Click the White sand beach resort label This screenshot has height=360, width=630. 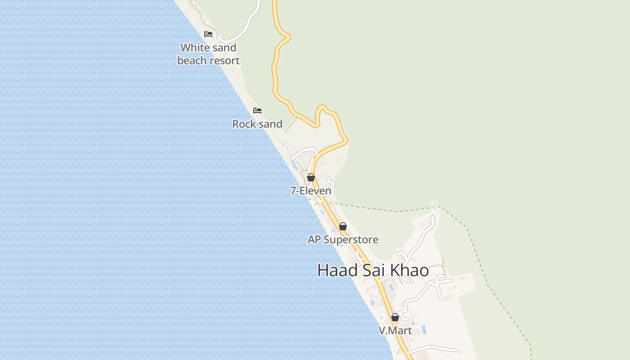(208, 54)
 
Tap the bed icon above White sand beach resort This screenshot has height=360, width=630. (208, 34)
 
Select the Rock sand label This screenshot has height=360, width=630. (257, 124)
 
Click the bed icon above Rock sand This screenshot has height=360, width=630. (257, 111)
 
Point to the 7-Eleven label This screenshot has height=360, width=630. (311, 191)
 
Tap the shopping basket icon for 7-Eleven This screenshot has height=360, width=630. (311, 178)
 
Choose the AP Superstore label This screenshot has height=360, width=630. (343, 239)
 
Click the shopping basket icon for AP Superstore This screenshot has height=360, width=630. (343, 226)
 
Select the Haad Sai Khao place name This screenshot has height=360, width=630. (373, 270)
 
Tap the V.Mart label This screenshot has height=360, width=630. (395, 331)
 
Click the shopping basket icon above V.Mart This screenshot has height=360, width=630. (395, 318)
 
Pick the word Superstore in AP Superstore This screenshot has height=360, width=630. (351, 239)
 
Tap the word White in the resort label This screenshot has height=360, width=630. (195, 48)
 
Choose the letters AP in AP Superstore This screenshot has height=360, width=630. (314, 239)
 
